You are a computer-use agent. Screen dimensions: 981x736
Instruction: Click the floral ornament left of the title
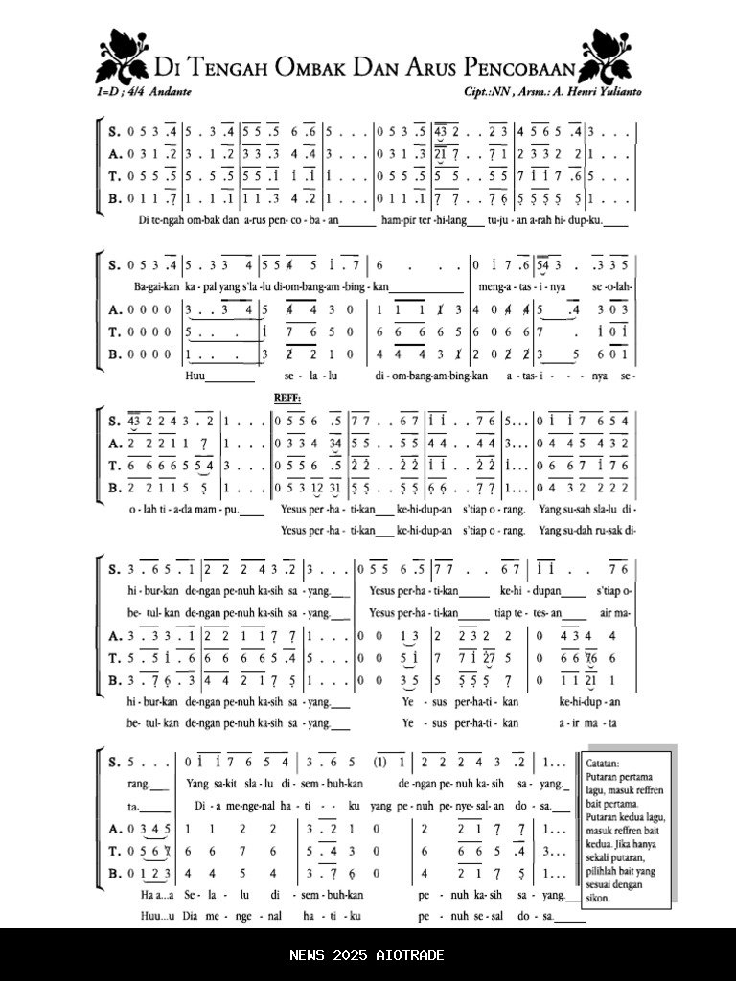pos(122,57)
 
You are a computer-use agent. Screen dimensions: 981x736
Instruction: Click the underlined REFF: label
pos(287,397)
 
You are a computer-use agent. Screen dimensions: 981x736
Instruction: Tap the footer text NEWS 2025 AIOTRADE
pos(368,955)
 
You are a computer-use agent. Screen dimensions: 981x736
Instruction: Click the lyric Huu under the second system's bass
pos(195,376)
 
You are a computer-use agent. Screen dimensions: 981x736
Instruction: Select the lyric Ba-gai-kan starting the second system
pos(153,286)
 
